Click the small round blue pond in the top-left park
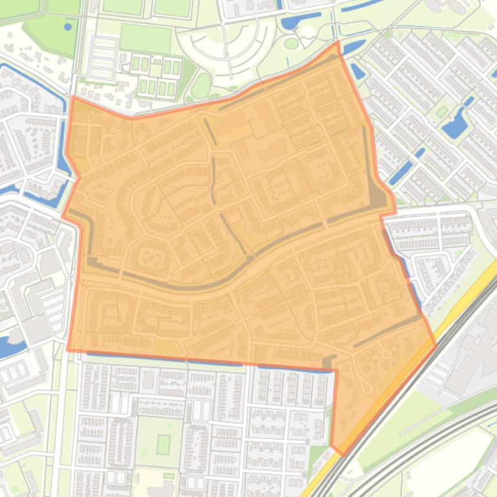[x=68, y=27]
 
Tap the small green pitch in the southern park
[x=164, y=444]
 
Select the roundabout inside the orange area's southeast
[x=386, y=354]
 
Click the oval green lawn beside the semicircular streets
[x=202, y=85]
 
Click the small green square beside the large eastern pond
[x=441, y=112]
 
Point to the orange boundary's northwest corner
[x=72, y=97]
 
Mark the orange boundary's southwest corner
[x=67, y=350]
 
